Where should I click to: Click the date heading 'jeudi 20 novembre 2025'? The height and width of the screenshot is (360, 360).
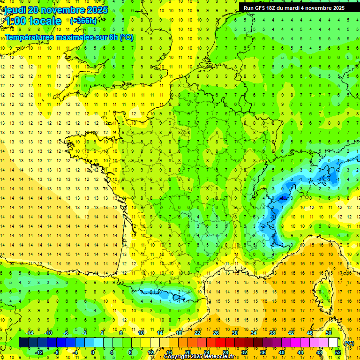pos(56,10)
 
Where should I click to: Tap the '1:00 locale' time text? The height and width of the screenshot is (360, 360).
pos(33,21)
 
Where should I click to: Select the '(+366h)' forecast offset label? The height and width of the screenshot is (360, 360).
pos(83,21)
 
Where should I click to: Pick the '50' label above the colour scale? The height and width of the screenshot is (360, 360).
pos(328,333)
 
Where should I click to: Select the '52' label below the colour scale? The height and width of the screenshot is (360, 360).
pos(337,352)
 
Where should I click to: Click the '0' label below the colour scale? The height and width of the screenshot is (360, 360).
pos(93,352)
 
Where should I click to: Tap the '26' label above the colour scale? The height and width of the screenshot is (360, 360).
pos(216,333)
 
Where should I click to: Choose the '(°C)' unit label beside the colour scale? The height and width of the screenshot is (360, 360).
pos(349,343)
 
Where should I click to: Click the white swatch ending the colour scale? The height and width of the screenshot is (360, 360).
pos(333,342)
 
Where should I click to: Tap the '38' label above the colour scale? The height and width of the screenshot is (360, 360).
pos(272,333)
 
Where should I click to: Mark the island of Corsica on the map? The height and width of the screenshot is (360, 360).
pos(322,293)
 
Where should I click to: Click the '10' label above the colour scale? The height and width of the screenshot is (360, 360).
pos(141,333)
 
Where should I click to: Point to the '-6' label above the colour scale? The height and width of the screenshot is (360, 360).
pos(66,333)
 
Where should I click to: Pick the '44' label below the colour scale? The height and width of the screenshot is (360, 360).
pos(300,352)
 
